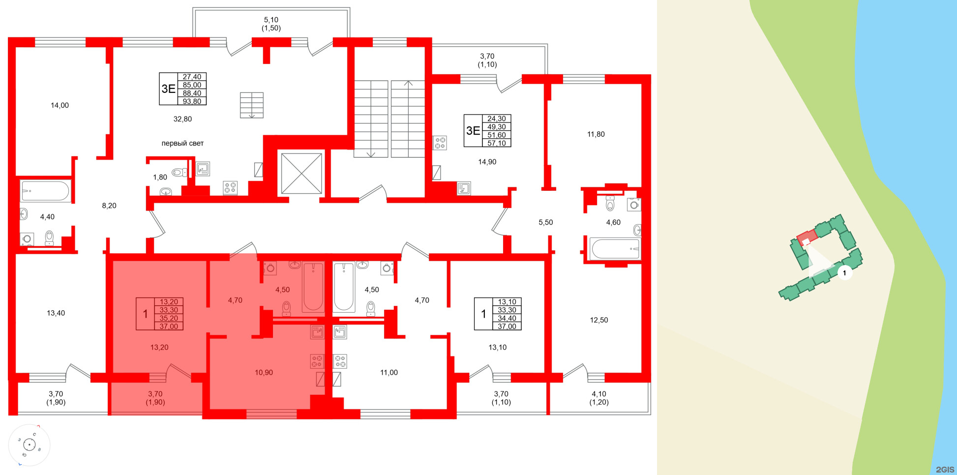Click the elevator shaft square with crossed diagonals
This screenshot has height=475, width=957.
coord(301,173)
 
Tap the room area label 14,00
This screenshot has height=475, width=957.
coord(60,105)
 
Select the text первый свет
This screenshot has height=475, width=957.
coord(182,144)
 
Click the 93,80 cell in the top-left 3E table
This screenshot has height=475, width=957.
coord(192,101)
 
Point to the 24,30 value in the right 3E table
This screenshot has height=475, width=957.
coord(496,119)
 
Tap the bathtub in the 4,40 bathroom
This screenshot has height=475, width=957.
coord(46,191)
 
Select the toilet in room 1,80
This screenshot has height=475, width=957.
coord(178,173)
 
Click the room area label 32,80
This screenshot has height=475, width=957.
coord(182,119)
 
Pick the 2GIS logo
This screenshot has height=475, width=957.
coord(944,469)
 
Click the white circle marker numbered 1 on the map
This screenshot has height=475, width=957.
coord(844,273)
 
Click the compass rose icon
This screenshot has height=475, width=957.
coord(30,445)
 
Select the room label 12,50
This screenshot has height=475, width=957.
coord(598,320)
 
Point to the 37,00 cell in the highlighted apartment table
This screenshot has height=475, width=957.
coord(169,326)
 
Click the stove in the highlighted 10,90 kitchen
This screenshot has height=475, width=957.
coord(317,361)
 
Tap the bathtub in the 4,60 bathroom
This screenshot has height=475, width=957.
coord(615,249)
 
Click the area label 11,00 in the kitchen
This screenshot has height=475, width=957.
coord(389,373)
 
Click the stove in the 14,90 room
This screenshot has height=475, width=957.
coord(440,143)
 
